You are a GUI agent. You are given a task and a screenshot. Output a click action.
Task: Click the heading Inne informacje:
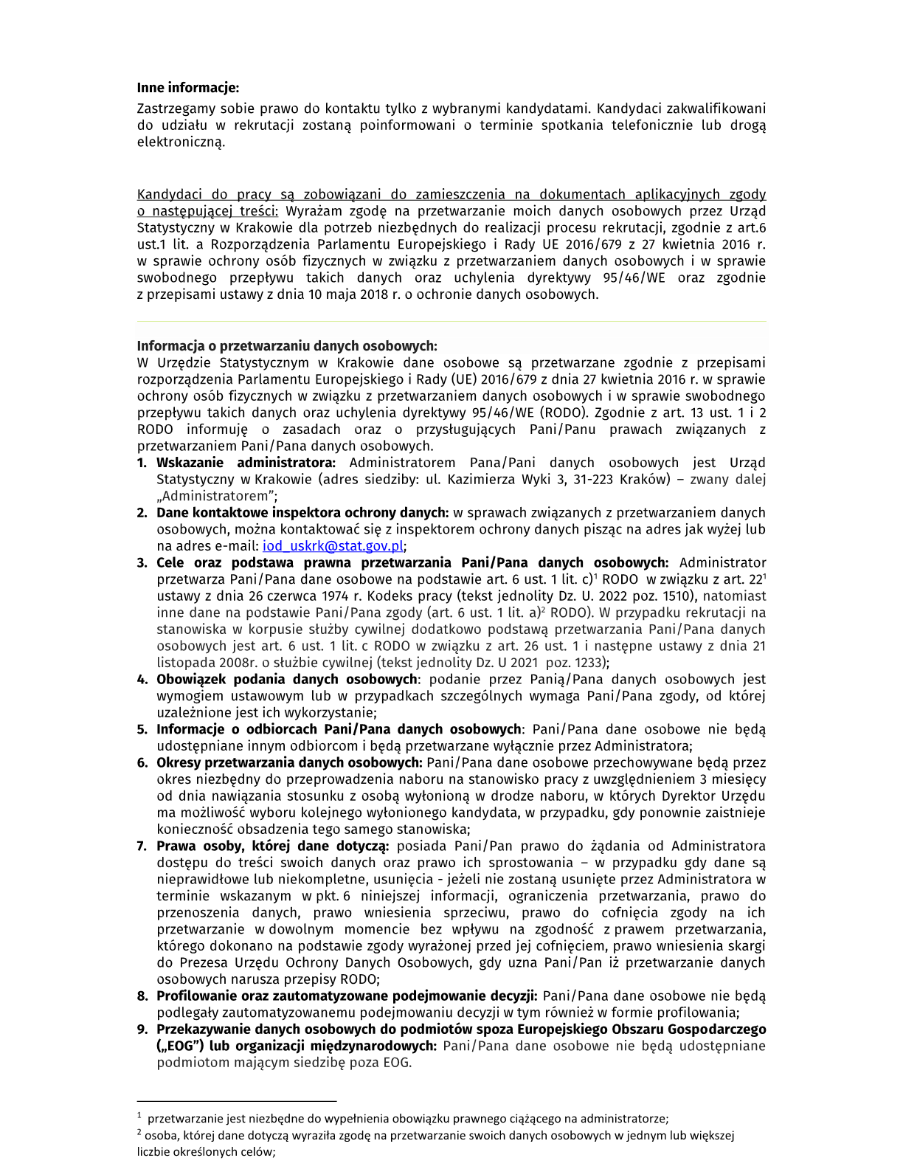pos(188,88)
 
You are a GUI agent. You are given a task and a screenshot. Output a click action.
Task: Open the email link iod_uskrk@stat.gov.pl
pos(333,546)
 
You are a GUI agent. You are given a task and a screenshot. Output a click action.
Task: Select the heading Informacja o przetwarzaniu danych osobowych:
pos(287,346)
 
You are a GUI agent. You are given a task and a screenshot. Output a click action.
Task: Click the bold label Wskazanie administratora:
pos(246,463)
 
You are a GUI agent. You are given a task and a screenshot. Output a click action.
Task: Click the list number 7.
pos(142,846)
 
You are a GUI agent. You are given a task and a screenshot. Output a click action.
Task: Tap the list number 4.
pos(142,680)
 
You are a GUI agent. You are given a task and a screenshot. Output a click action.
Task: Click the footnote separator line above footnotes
pos(236,1100)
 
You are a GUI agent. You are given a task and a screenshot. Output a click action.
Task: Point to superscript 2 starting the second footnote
pos(139,1133)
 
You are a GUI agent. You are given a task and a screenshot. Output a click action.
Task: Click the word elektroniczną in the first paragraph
pos(181,142)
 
